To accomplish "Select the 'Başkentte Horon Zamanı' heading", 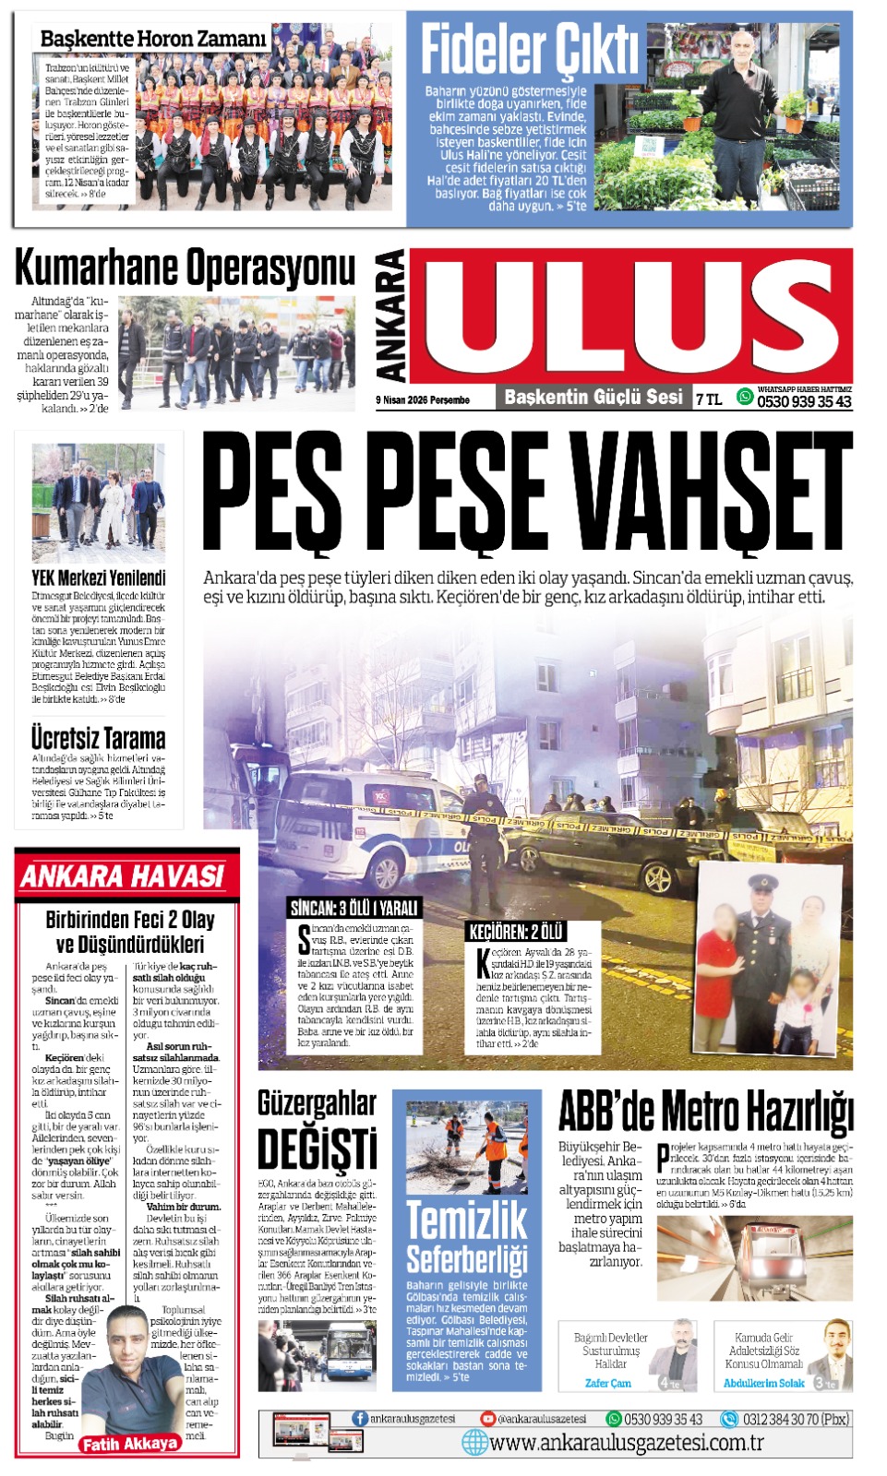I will coord(153,39).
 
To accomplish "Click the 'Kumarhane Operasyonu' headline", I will coord(185,268).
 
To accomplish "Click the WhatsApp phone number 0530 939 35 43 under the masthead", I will coord(804,402).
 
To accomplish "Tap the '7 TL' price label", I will coord(709,399).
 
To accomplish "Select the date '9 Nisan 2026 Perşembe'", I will coord(423,400).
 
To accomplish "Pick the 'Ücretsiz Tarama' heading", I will coord(98,739).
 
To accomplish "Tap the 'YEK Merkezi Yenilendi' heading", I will coord(98,578).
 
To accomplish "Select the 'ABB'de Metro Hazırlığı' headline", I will coord(706,1113).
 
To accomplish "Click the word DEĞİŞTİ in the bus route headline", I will coord(317,1149).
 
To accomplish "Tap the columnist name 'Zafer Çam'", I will coord(608,1383).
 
